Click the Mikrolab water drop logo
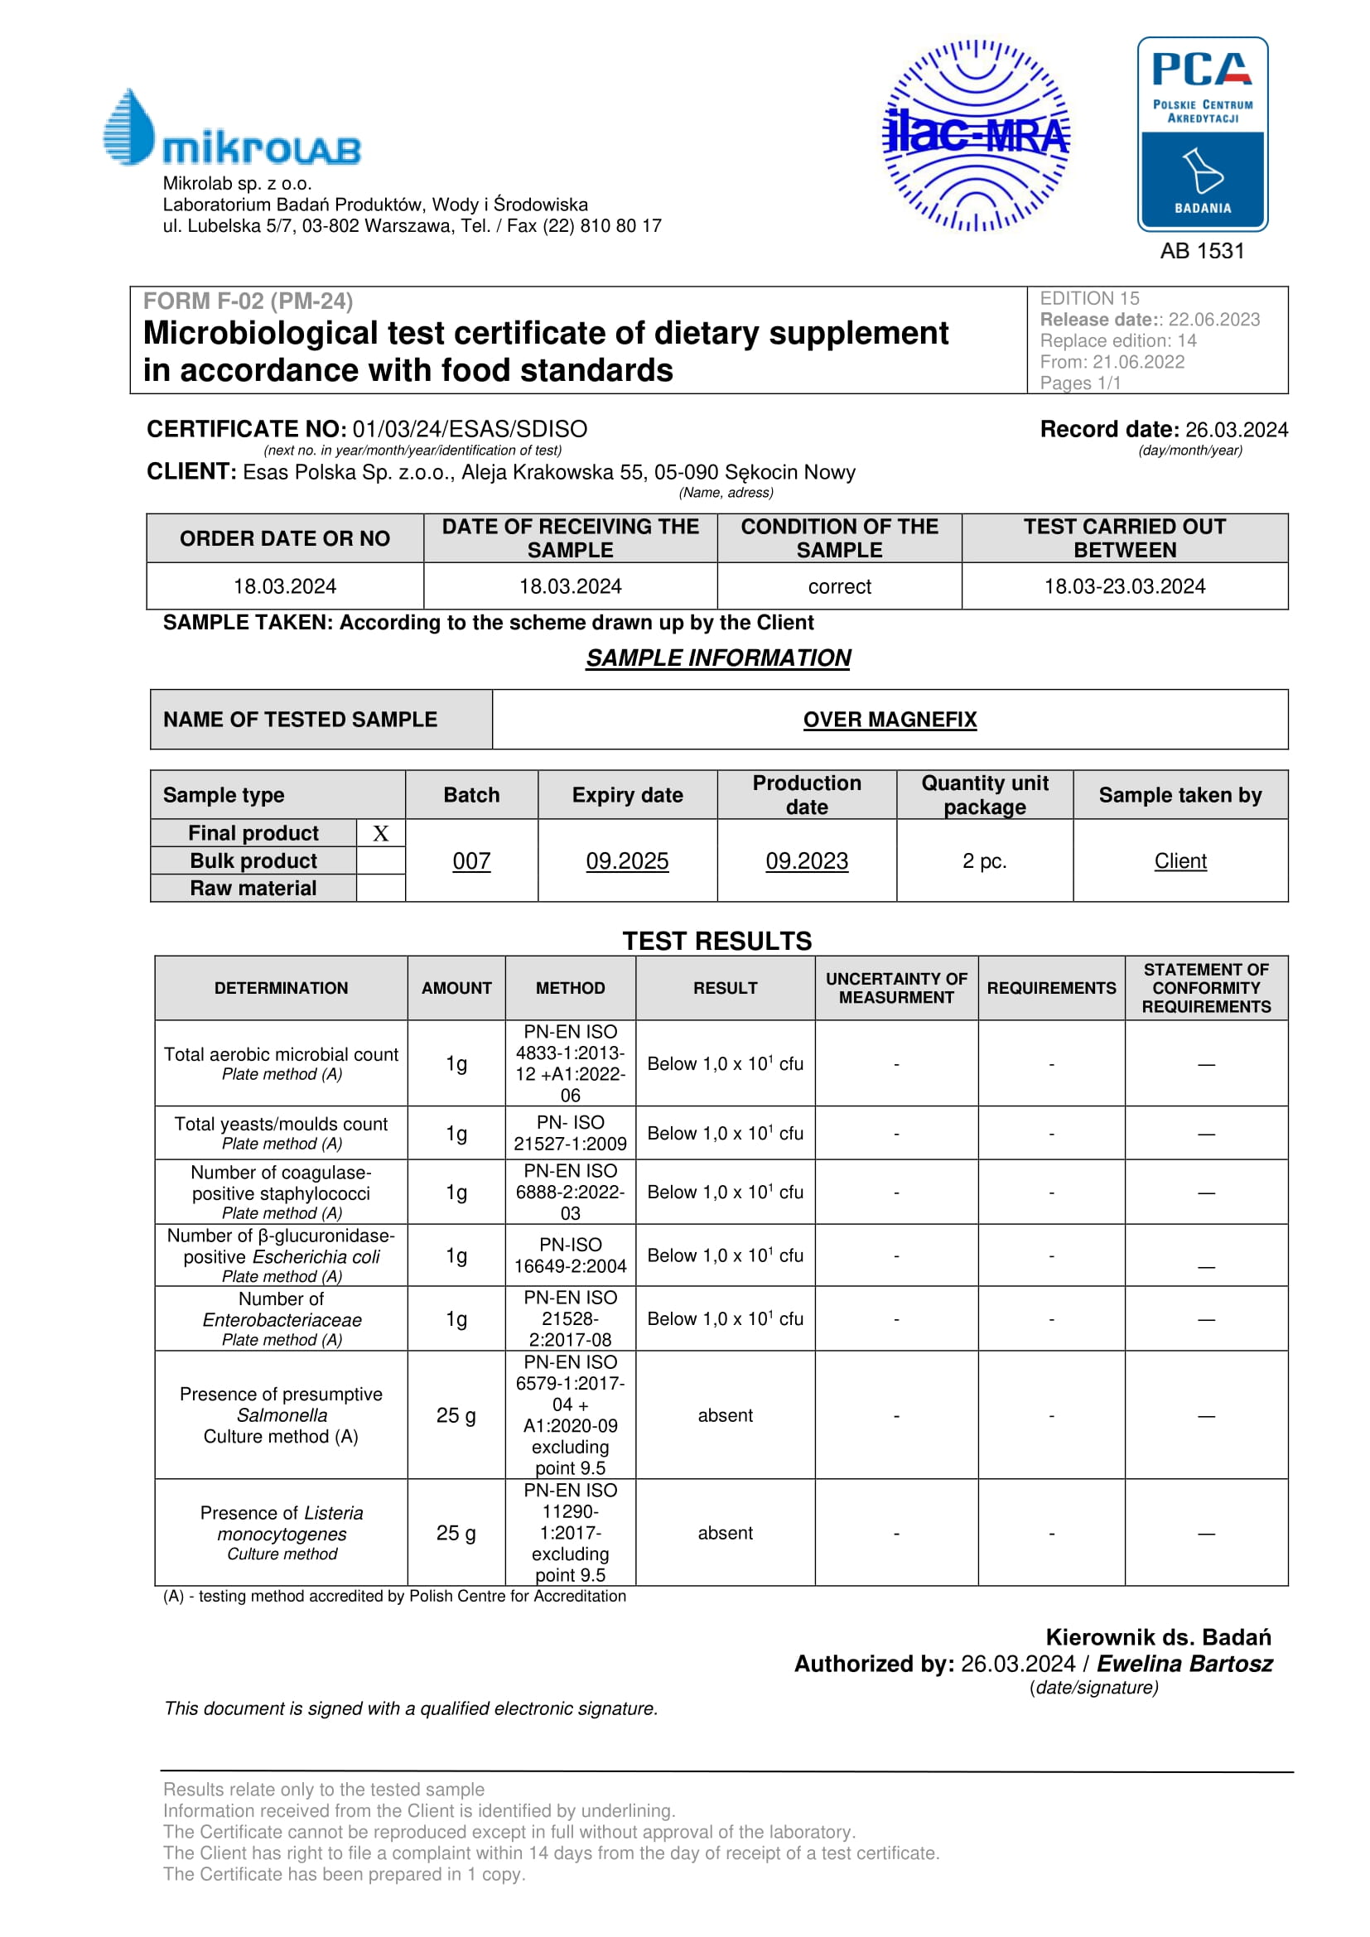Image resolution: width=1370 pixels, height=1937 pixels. coord(128,127)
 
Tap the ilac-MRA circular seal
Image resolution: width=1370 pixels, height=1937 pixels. coord(976,136)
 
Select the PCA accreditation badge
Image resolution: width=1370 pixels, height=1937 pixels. coord(1202,134)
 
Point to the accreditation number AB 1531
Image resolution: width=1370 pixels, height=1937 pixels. coord(1202,251)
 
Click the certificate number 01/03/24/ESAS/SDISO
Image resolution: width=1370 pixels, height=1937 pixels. coord(470,430)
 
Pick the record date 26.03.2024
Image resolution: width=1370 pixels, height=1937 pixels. coord(1236,430)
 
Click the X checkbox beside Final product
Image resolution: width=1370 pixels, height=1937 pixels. coord(380,834)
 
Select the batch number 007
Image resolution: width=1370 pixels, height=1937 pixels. coord(471,860)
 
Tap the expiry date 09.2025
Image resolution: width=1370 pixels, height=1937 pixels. coord(627,860)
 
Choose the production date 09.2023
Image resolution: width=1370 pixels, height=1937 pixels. coord(807,860)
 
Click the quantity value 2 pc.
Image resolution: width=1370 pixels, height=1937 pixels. coord(985,860)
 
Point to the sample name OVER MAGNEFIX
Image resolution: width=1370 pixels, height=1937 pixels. coord(890,720)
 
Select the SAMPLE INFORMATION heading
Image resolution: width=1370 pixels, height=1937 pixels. coord(718,658)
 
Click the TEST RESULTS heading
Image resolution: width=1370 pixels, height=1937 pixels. coord(717,941)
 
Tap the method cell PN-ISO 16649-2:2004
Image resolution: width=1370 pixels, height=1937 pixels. coord(570,1255)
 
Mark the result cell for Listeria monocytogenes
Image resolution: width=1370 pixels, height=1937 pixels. coord(725,1533)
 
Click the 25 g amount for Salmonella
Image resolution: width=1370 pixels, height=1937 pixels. coord(456,1414)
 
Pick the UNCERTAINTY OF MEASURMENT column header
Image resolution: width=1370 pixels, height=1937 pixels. coord(896,988)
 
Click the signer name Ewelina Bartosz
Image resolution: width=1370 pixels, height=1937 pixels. coord(1184,1664)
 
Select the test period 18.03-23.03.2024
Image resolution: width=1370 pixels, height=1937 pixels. coord(1125,586)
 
